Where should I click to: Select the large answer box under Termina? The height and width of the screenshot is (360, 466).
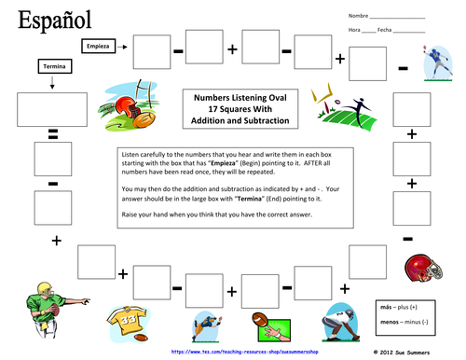(x=53, y=110)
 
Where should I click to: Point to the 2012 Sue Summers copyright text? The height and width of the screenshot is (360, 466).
(x=416, y=353)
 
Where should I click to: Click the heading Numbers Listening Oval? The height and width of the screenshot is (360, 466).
(x=240, y=95)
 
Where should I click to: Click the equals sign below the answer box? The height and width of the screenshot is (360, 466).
(x=53, y=136)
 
